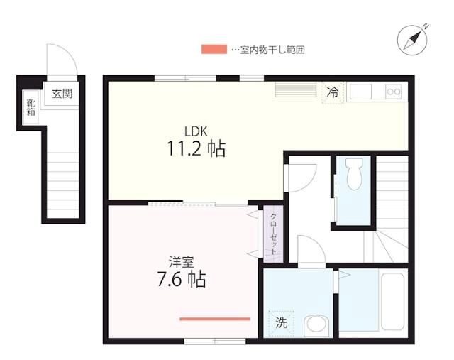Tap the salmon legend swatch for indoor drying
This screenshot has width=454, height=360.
click(214, 50)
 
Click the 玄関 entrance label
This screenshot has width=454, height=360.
click(61, 92)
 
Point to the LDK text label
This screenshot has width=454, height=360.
click(196, 131)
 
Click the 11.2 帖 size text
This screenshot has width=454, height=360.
click(196, 149)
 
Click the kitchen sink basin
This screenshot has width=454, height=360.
click(361, 92)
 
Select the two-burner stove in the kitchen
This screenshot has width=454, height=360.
click(393, 92)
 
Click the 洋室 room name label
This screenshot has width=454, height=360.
click(182, 261)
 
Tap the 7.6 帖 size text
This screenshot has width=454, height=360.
click(182, 279)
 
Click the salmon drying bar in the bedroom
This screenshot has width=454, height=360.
click(215, 319)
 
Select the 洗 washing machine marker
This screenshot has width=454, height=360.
click(281, 323)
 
